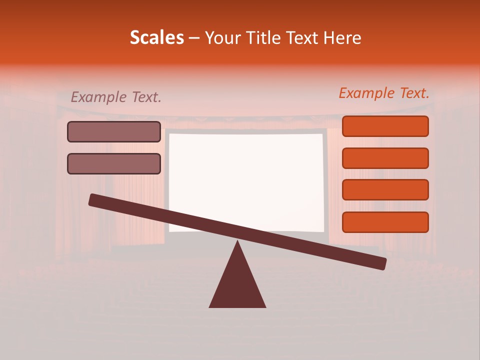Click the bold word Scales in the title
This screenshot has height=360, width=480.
(156, 37)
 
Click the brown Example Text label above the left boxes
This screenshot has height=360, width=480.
(116, 97)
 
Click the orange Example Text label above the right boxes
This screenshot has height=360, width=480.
(384, 93)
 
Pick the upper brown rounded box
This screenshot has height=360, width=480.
(114, 132)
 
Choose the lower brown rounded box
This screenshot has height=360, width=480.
(114, 163)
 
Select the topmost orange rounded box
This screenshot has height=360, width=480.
(385, 126)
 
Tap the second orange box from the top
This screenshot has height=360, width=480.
(385, 158)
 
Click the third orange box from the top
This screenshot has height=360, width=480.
(385, 190)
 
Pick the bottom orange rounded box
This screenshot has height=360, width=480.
(385, 222)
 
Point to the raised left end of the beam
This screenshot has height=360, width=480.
(93, 199)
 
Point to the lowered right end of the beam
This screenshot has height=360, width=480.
(382, 263)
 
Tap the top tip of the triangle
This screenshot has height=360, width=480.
(237, 242)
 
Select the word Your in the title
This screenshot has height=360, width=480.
(222, 38)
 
